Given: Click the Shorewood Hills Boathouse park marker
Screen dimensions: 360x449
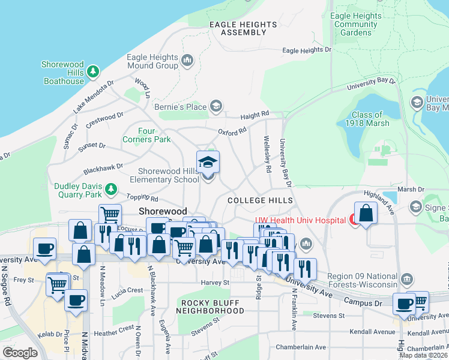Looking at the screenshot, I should click(x=93, y=72).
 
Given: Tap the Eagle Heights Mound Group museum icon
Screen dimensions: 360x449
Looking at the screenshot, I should click(x=187, y=60).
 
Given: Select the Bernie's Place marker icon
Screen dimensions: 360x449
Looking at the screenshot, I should click(x=215, y=107).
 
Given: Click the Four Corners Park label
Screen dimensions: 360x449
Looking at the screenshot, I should click(x=146, y=135).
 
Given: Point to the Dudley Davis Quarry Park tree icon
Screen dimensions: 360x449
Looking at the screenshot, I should click(x=110, y=190).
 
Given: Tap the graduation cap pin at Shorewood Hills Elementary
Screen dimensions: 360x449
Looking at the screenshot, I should click(x=208, y=163).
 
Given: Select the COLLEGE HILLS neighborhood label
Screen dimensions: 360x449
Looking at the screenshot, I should click(x=260, y=200).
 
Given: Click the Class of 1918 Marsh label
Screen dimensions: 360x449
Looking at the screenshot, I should click(x=367, y=119).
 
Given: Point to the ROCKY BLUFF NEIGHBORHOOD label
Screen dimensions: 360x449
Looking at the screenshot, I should click(x=213, y=307).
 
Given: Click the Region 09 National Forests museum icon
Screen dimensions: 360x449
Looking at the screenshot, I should click(x=407, y=278).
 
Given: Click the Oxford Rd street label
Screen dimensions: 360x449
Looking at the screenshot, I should click(x=232, y=131).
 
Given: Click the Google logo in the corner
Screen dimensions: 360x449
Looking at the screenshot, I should click(x=20, y=352).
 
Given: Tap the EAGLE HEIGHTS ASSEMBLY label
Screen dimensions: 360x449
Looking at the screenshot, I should click(x=243, y=28).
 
